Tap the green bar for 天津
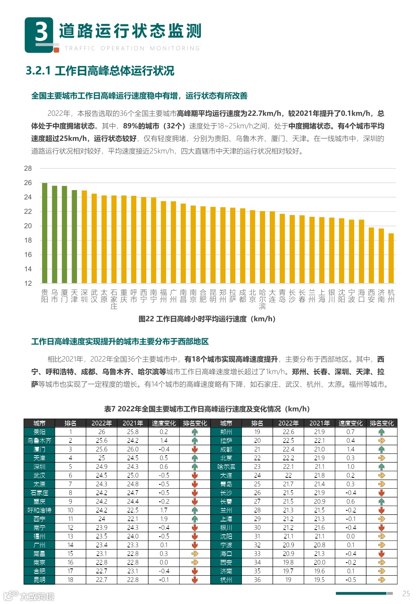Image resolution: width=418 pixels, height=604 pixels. pyautogui.click(x=74, y=237)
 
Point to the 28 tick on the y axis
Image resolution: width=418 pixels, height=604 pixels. pyautogui.click(x=28, y=168)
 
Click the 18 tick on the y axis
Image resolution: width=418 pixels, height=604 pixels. pyautogui.click(x=28, y=240)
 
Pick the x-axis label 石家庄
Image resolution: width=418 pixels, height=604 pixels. pyautogui.click(x=114, y=299)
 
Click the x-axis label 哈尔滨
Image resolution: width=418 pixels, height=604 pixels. pyautogui.click(x=262, y=299)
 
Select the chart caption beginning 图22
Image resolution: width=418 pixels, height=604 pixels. pyautogui.click(x=207, y=319)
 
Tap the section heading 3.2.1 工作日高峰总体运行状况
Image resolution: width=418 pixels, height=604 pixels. pyautogui.click(x=100, y=71)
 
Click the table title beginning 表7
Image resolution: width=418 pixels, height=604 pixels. pyautogui.click(x=207, y=409)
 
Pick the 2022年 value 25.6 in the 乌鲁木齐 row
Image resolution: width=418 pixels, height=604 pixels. pyautogui.click(x=101, y=441)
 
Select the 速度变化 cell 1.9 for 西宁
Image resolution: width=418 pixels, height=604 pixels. pyautogui.click(x=164, y=519)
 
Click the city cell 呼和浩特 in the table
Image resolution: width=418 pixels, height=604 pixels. pyautogui.click(x=39, y=510)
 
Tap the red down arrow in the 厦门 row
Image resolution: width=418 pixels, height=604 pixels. pyautogui.click(x=195, y=449)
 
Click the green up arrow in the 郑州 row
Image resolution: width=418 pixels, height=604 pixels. pyautogui.click(x=381, y=432)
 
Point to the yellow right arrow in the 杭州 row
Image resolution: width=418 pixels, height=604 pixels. pyautogui.click(x=381, y=580)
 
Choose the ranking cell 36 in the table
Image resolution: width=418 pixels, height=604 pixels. pyautogui.click(x=257, y=580)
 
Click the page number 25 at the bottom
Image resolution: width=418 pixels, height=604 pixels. pyautogui.click(x=406, y=594)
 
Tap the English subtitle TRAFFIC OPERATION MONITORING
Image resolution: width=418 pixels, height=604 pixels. pyautogui.click(x=132, y=48)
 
